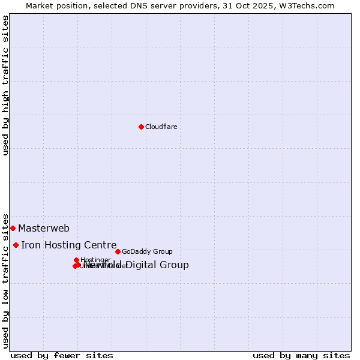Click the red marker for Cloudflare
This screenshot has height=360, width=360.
coord(141,127)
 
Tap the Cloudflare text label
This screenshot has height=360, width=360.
coord(161,127)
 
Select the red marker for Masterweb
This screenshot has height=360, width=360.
coord(13,228)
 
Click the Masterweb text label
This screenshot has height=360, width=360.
coord(44,229)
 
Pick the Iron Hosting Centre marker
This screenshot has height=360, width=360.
coord(16,245)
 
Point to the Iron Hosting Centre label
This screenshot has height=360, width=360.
coord(69,245)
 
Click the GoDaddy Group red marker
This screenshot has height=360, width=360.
coord(118,251)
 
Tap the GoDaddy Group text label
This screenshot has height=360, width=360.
coord(147,252)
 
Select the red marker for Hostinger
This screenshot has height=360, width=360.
coord(77,260)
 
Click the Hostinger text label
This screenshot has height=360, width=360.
coord(95,260)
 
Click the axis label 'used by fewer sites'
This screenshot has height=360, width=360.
coord(62,356)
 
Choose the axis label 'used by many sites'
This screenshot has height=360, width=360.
coord(301,356)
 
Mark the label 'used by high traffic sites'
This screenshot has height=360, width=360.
coord(6,85)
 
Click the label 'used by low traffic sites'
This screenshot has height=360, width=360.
coord(6,281)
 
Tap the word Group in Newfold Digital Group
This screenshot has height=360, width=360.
coord(175,265)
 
